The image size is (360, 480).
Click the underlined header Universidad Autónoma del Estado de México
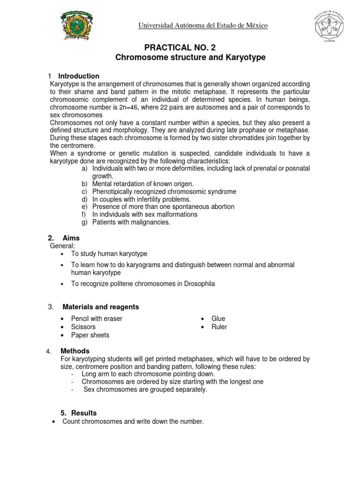202,26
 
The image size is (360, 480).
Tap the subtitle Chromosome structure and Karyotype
190,58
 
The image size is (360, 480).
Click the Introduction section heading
79,76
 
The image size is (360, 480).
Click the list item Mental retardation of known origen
143,184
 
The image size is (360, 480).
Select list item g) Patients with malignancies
131,222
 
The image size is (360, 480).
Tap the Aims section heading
71,238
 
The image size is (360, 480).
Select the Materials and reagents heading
101,307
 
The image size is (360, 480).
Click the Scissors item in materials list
83,327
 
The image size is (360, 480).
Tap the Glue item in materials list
218,319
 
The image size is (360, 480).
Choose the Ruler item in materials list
219,327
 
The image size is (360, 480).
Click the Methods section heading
75,351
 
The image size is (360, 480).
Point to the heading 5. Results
79,413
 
